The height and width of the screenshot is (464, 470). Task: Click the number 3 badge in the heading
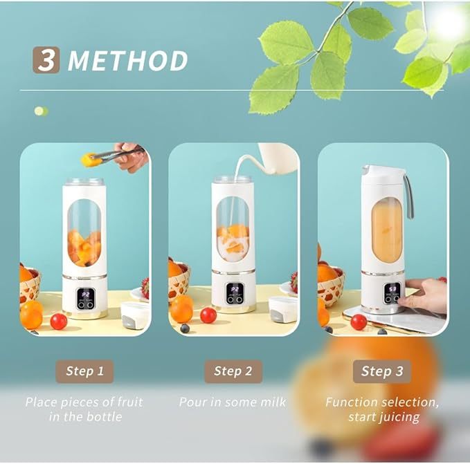tap(46, 60)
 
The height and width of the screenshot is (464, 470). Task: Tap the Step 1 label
tap(84, 371)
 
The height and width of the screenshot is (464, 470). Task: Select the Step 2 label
tap(233, 371)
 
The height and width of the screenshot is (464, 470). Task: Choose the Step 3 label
tap(382, 371)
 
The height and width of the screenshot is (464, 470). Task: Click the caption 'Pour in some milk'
tap(233, 402)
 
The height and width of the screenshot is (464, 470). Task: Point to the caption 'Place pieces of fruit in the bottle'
tap(84, 409)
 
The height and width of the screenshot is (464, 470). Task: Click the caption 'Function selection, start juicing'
tap(382, 409)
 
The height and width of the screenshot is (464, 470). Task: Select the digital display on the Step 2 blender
tap(235, 290)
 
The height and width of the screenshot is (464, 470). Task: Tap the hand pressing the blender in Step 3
tap(426, 294)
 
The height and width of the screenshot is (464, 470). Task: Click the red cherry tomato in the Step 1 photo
tap(59, 321)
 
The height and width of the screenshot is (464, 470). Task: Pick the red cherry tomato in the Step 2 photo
tap(208, 315)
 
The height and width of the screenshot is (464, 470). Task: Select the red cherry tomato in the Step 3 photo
tap(359, 322)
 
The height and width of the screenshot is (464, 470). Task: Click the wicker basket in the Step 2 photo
tap(179, 280)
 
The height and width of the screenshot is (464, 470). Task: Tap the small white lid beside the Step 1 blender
tap(135, 315)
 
